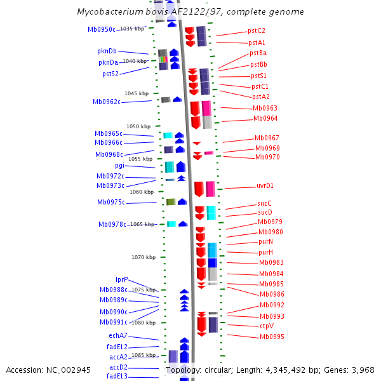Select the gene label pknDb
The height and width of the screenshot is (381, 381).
[107, 51]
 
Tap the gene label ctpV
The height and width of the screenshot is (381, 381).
[266, 326]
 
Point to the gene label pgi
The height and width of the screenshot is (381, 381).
[119, 165]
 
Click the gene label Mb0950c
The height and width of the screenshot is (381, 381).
[102, 29]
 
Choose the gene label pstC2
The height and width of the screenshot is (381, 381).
[257, 30]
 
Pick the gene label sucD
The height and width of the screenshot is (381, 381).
[265, 212]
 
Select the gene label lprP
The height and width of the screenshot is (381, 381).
[121, 279]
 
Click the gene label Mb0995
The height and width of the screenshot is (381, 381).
[271, 337]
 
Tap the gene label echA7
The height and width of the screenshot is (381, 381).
[117, 335]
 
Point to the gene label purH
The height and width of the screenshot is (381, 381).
[265, 252]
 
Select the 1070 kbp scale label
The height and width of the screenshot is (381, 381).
[144, 257]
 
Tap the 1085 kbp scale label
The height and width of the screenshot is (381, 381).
[144, 355]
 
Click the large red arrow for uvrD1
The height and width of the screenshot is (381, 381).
[199, 189]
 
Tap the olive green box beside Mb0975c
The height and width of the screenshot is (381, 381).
[170, 202]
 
